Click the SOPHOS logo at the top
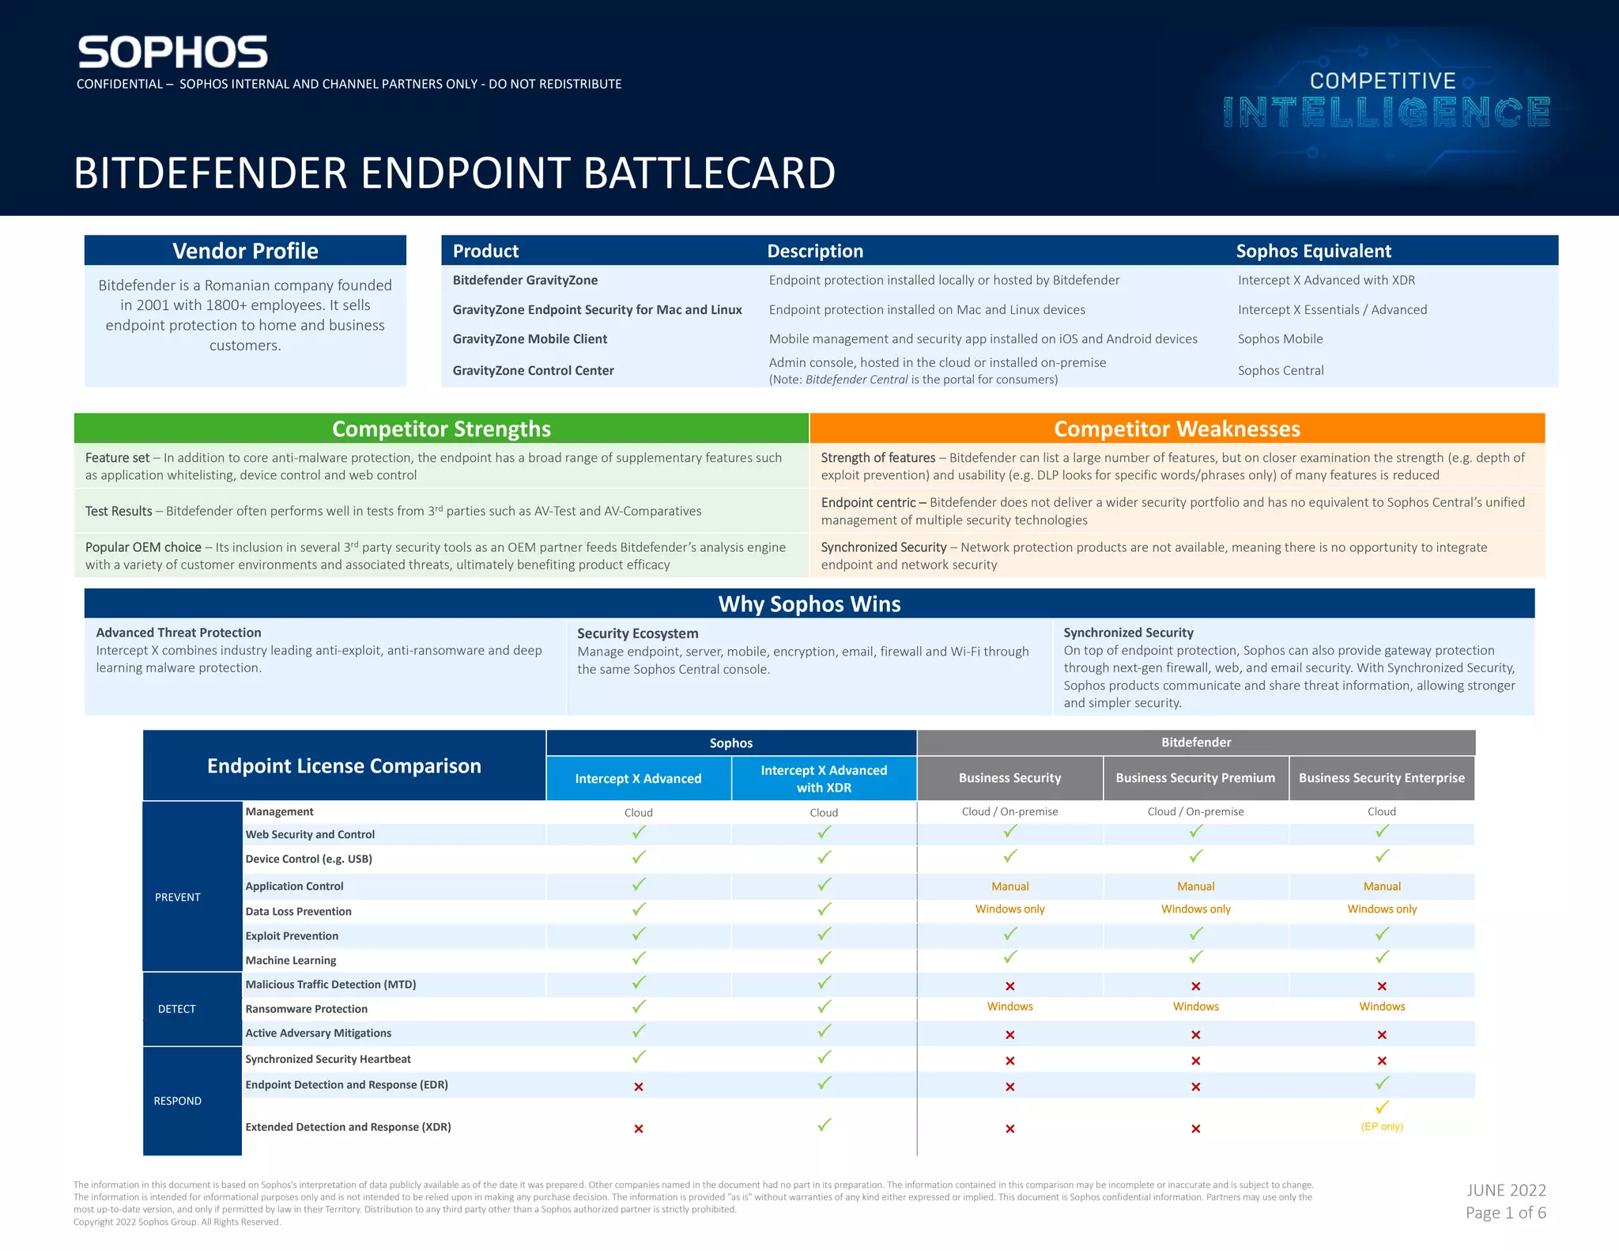[x=172, y=52]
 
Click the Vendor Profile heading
[x=245, y=251]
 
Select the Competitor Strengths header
[x=441, y=429]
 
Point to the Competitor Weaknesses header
[x=1177, y=429]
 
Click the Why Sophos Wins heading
[x=809, y=604]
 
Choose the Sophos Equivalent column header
[x=1314, y=251]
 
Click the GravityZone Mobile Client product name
[x=530, y=339]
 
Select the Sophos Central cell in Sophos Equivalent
[x=1281, y=370]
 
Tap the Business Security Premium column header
[x=1195, y=778]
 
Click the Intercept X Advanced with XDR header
[x=824, y=779]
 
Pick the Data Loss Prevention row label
[x=298, y=911]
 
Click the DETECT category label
[x=176, y=1009]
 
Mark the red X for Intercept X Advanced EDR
[x=639, y=1087]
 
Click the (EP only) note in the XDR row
[x=1382, y=1126]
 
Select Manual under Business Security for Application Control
[x=1010, y=886]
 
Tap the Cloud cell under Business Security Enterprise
[x=1382, y=811]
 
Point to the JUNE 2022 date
[x=1507, y=1190]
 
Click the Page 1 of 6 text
[x=1506, y=1212]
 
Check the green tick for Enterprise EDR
[x=1382, y=1083]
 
